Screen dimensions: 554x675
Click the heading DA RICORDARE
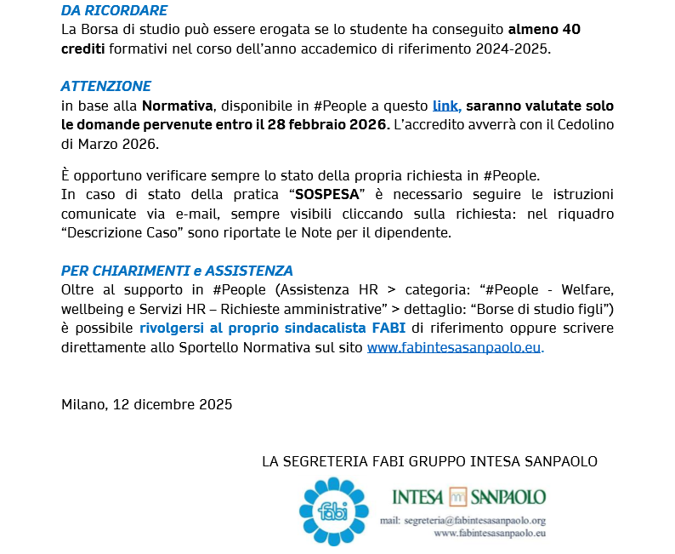tap(114, 11)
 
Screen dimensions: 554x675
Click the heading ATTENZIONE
tap(106, 87)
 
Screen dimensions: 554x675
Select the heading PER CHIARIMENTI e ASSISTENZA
tap(177, 271)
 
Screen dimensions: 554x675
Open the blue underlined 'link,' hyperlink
tap(446, 106)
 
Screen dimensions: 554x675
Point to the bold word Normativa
tap(177, 106)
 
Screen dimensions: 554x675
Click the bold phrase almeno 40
tap(544, 30)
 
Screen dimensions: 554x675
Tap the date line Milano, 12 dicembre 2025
tap(146, 404)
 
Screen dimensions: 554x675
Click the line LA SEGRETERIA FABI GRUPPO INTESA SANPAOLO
tap(429, 461)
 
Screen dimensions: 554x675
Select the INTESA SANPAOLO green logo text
tap(468, 496)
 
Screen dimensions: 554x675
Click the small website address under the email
tap(489, 533)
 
